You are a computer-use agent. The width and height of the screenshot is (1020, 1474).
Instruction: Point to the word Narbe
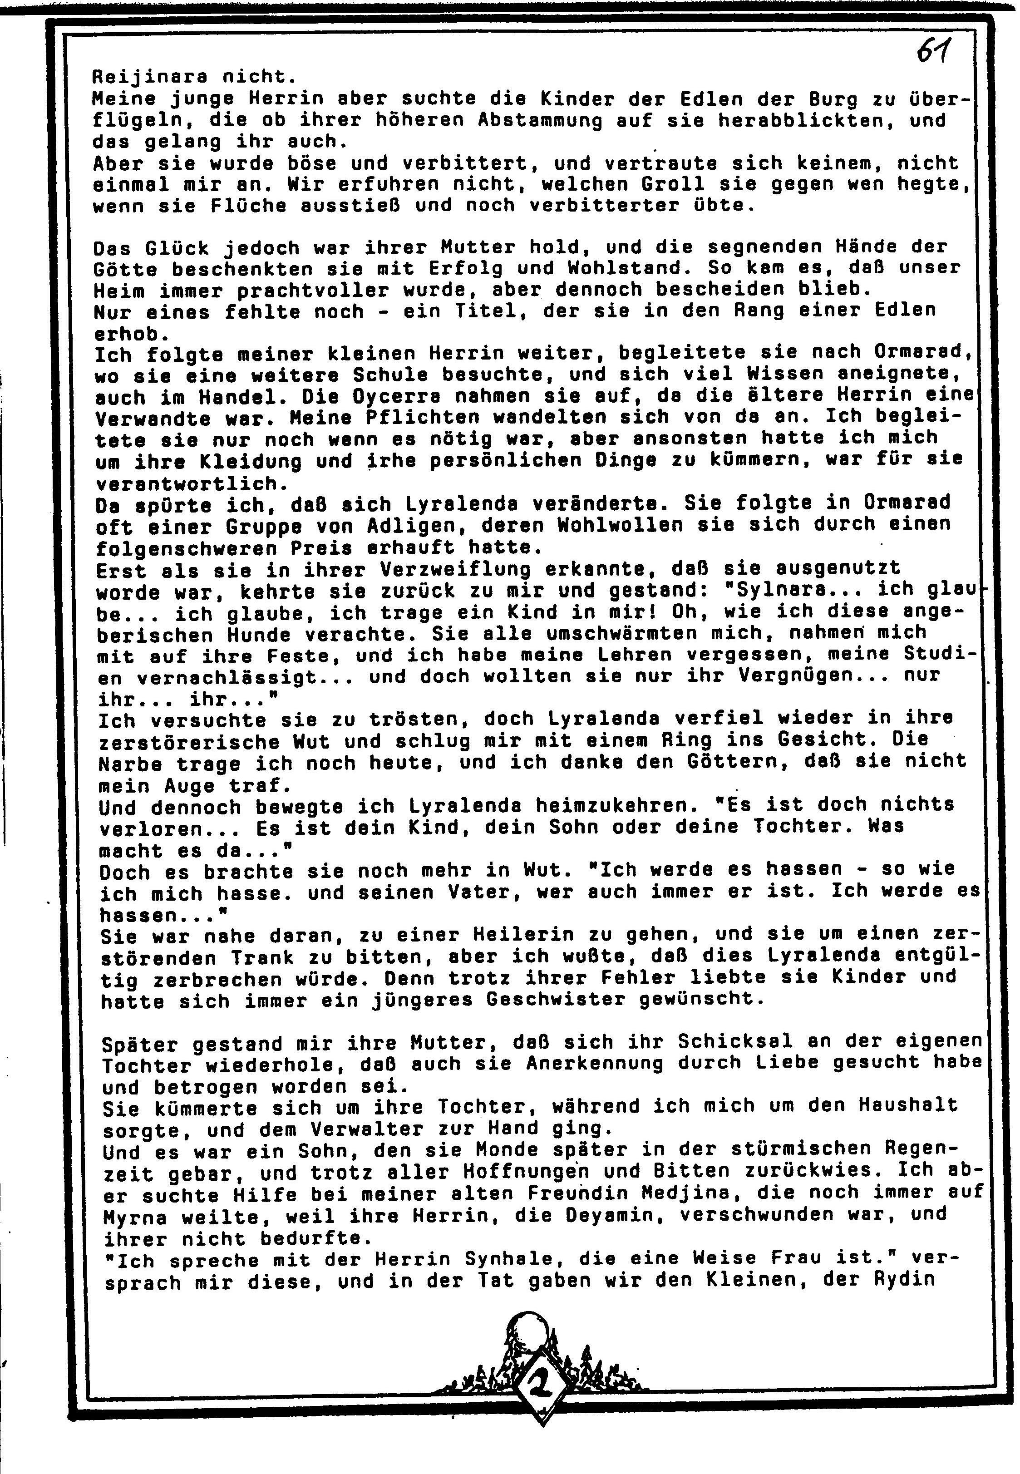point(130,764)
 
